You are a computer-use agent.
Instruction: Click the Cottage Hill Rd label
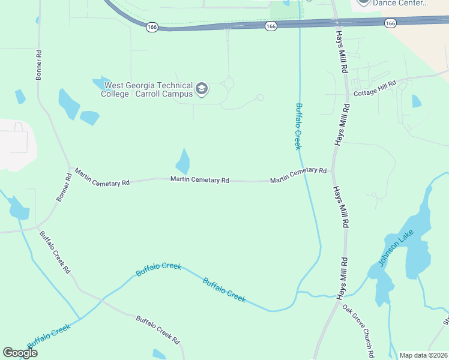(375, 89)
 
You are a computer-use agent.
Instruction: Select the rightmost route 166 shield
(391, 23)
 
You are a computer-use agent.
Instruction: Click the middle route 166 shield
(271, 26)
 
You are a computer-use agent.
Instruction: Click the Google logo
(20, 353)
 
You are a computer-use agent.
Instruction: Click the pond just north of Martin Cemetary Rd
(183, 161)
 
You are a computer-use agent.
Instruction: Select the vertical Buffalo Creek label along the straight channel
(298, 126)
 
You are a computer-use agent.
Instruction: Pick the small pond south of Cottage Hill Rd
(417, 101)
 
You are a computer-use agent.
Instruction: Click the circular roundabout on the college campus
(229, 83)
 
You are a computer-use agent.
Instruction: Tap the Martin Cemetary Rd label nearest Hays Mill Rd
(298, 175)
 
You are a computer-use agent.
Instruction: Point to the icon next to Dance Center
(363, 2)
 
